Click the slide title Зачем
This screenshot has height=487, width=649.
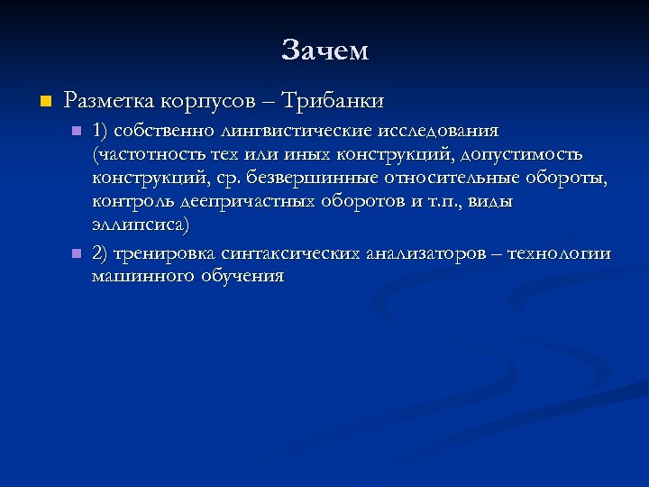[324, 51]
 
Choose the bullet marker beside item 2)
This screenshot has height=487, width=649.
[77, 254]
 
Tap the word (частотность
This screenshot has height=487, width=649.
[143, 154]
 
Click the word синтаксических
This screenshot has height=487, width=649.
[288, 254]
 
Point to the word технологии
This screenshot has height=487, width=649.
[559, 254]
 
